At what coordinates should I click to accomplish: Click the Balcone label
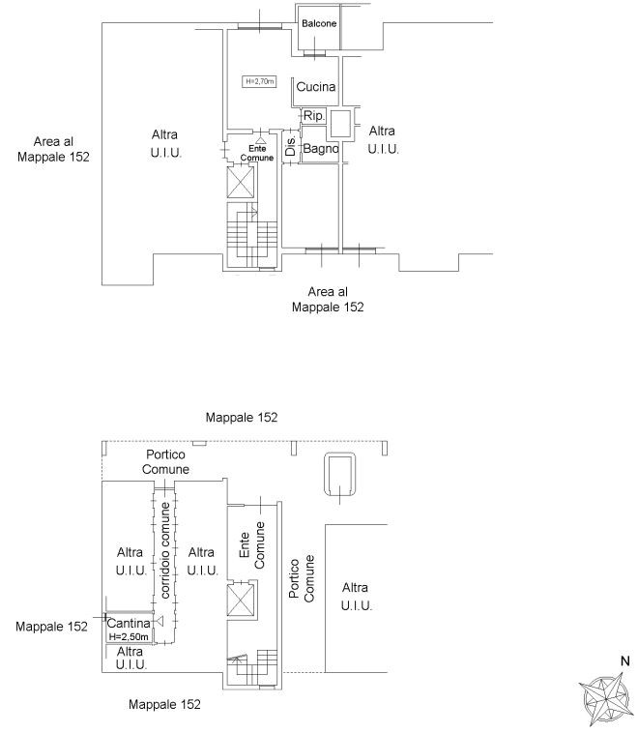(319, 23)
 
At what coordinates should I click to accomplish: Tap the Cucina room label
(316, 86)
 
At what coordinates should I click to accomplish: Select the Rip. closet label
(313, 115)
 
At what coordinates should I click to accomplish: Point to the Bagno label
(321, 149)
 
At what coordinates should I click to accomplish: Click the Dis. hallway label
(290, 146)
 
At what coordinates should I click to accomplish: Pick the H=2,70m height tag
(260, 81)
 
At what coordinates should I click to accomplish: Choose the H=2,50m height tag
(129, 636)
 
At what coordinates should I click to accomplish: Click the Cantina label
(129, 623)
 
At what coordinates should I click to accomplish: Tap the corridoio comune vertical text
(165, 550)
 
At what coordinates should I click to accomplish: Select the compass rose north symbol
(605, 698)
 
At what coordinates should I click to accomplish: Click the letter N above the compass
(624, 661)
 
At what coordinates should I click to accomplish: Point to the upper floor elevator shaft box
(241, 182)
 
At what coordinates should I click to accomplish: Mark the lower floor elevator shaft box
(241, 600)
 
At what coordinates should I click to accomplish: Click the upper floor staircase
(252, 235)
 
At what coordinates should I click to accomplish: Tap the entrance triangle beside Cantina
(159, 621)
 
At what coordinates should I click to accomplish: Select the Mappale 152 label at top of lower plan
(242, 418)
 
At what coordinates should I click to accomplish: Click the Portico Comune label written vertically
(302, 578)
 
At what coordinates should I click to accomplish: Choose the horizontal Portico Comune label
(165, 462)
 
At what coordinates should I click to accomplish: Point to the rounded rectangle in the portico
(340, 474)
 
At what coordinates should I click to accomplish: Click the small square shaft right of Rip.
(340, 124)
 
